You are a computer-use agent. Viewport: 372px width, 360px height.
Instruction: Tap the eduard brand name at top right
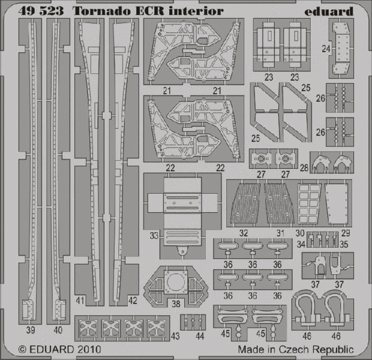(329, 11)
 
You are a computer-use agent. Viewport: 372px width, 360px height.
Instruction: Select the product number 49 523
(41, 11)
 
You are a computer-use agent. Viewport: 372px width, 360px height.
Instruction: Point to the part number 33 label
(154, 236)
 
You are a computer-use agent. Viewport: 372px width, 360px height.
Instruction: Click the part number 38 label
(176, 304)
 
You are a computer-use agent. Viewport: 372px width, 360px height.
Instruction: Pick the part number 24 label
(326, 49)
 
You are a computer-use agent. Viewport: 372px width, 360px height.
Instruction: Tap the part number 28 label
(304, 168)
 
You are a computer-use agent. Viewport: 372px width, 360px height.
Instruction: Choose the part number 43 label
(175, 336)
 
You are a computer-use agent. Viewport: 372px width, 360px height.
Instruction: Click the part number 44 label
(200, 336)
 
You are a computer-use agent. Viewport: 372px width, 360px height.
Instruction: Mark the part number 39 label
(31, 330)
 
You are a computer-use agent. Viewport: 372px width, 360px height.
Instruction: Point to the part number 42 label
(133, 300)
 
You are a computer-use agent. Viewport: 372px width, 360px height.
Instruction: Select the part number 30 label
(300, 233)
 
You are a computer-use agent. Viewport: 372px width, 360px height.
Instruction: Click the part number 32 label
(244, 233)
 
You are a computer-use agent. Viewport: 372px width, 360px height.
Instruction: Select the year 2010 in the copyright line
(88, 349)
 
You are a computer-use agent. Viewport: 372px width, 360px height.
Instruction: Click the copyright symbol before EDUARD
(22, 350)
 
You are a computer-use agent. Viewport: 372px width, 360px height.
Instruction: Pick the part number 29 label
(345, 233)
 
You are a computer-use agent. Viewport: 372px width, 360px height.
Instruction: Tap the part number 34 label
(301, 245)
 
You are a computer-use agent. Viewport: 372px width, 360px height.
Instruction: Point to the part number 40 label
(58, 330)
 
